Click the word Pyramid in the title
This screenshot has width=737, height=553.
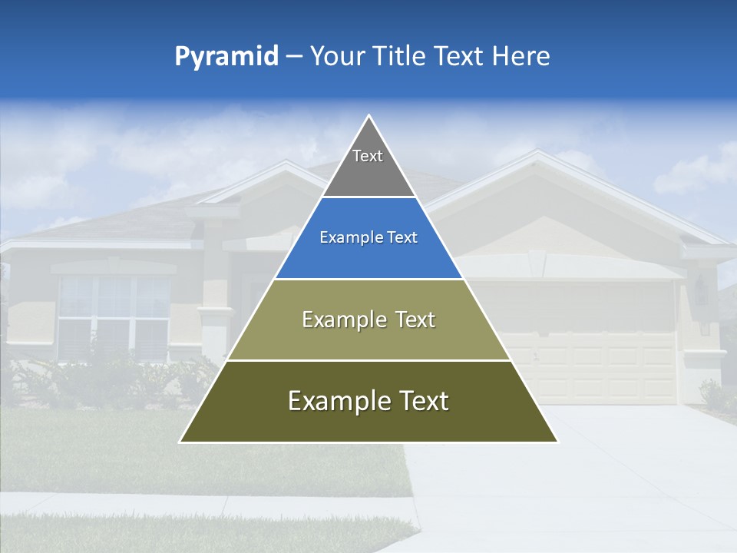coord(226,57)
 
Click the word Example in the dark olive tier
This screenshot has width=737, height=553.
coord(336,401)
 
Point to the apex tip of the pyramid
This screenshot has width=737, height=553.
coord(369,117)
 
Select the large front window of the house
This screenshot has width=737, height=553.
coord(114,315)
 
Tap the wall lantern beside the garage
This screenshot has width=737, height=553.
coord(701,292)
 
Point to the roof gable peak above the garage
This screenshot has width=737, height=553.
coord(536,154)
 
